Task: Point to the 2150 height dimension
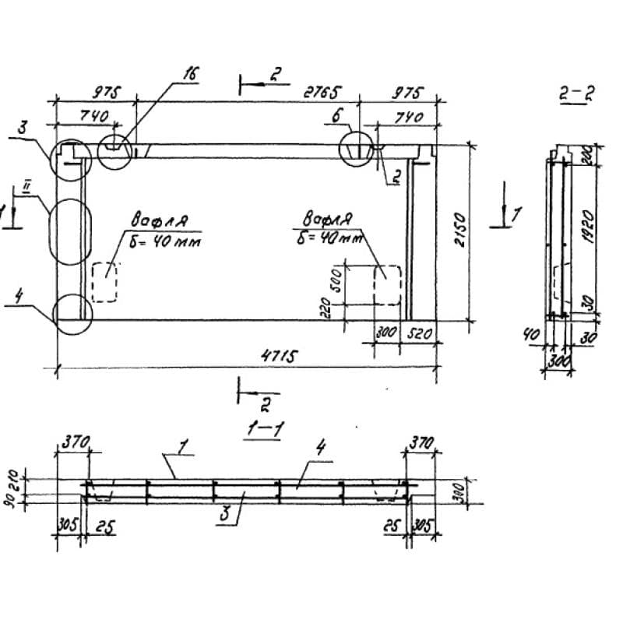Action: pyautogui.click(x=461, y=231)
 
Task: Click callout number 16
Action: pyautogui.click(x=190, y=74)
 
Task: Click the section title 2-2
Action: pyautogui.click(x=576, y=95)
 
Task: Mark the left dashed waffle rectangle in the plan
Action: pyautogui.click(x=104, y=282)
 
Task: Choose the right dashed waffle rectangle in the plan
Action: pyautogui.click(x=387, y=287)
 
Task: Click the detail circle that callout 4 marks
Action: pyautogui.click(x=72, y=314)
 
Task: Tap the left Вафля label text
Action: pyautogui.click(x=159, y=220)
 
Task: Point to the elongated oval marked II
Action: pyautogui.click(x=69, y=230)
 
